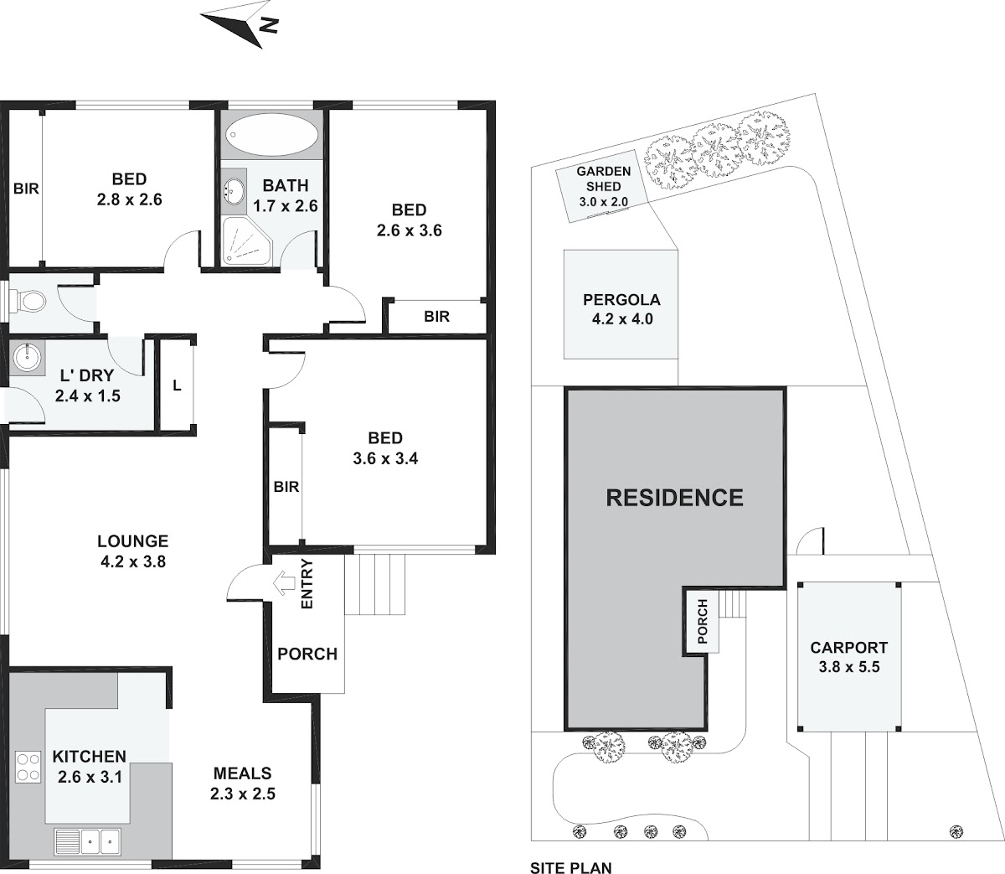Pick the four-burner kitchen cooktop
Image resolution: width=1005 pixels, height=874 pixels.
[x=28, y=768]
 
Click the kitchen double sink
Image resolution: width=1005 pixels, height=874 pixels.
[x=87, y=841]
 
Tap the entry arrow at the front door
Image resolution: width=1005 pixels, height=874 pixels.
[x=285, y=583]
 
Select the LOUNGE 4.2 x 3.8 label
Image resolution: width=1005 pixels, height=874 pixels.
[x=133, y=551]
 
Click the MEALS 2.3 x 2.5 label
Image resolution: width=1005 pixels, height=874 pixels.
[x=243, y=783]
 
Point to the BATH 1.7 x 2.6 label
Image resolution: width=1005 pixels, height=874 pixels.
[x=286, y=195]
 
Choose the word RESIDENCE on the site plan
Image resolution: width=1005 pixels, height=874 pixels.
[x=674, y=498]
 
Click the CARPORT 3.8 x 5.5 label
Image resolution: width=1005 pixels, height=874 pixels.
[x=848, y=657]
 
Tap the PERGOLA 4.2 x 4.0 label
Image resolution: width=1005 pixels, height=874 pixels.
[x=622, y=309]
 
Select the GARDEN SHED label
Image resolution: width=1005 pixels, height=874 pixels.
[x=604, y=178]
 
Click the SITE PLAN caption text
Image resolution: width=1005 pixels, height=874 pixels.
[x=571, y=867]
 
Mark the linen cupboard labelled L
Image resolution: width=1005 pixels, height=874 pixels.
[x=177, y=386]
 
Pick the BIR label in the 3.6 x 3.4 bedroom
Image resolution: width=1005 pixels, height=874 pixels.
[x=286, y=487]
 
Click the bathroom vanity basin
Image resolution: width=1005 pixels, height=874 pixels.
[x=234, y=190]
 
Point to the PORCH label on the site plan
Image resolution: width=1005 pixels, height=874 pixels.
[x=703, y=622]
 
